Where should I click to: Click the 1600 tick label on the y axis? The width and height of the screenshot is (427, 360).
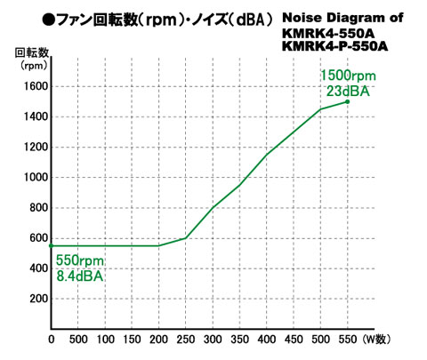click(36, 86)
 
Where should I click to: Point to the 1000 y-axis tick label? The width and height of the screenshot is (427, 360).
click(36, 177)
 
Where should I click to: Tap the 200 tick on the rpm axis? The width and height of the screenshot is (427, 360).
click(38, 299)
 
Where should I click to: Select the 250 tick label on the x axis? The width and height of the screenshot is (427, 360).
click(186, 339)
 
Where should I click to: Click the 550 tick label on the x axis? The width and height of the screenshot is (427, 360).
click(348, 339)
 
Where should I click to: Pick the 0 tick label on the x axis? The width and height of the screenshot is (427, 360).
click(52, 339)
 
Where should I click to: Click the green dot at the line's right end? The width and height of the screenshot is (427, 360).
click(348, 101)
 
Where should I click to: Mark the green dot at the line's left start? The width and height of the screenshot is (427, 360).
click(51, 245)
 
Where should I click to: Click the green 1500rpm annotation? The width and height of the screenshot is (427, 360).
click(348, 76)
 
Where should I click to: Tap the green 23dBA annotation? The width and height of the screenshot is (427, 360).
click(348, 91)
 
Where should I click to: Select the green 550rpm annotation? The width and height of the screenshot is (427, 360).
click(80, 260)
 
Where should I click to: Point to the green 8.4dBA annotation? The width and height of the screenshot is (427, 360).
click(80, 276)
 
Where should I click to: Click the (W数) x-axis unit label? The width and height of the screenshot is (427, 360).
click(376, 339)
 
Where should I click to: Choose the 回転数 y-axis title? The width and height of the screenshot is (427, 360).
click(32, 52)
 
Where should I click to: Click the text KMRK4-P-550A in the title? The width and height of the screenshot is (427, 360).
click(334, 46)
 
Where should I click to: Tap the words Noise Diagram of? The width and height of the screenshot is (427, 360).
click(342, 18)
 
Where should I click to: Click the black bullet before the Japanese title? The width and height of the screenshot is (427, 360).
click(48, 20)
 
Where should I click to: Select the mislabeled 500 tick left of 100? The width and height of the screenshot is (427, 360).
click(78, 339)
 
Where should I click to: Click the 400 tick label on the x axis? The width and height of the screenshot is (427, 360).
click(267, 339)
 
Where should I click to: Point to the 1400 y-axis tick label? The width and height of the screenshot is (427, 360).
click(36, 116)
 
